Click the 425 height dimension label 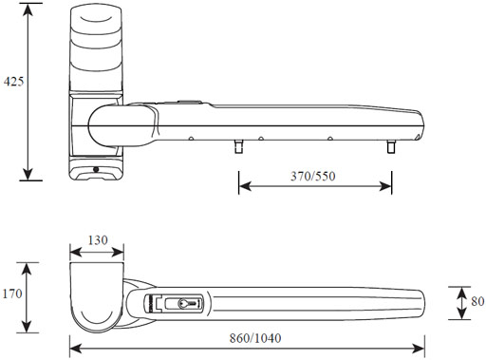13,82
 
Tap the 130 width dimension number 96,240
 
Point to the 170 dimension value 13,295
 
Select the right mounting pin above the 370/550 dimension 390,148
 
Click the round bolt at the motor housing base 94,171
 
